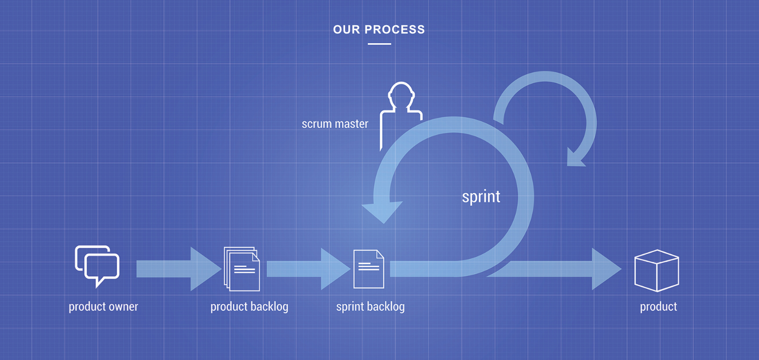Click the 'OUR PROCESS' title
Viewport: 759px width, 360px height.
[379, 30]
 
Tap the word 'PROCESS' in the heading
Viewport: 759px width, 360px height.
[395, 30]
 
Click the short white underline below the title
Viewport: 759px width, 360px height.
[379, 44]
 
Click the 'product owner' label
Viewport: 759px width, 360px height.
[103, 307]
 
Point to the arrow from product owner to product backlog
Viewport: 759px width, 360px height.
[178, 269]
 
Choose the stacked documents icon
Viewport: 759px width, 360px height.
[242, 269]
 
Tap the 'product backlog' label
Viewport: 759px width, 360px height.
[249, 307]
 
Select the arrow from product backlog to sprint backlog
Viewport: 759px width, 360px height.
[309, 269]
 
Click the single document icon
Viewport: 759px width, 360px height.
[369, 269]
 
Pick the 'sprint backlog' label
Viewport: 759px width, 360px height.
[370, 307]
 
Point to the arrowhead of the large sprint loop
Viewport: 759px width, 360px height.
[383, 211]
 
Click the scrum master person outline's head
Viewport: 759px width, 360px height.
[401, 94]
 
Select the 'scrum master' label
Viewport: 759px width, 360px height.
[335, 124]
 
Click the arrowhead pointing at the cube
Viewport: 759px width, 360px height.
[606, 269]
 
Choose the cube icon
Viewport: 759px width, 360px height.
[656, 271]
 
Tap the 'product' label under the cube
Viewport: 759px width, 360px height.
[658, 307]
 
